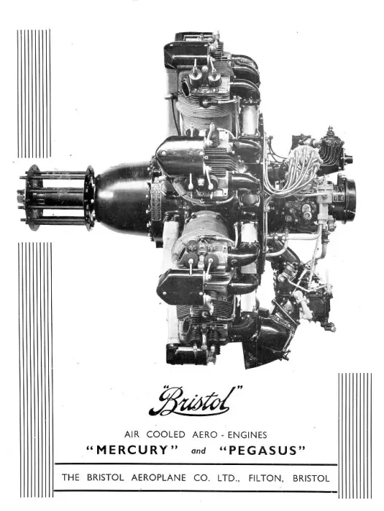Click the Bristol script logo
pyautogui.click(x=195, y=401)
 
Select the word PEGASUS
pyautogui.click(x=262, y=450)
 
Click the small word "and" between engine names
pyautogui.click(x=199, y=451)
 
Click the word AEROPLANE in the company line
pyautogui.click(x=158, y=478)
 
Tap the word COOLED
pyautogui.click(x=166, y=434)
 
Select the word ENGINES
pyautogui.click(x=247, y=435)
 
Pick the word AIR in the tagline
pyautogui.click(x=131, y=434)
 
